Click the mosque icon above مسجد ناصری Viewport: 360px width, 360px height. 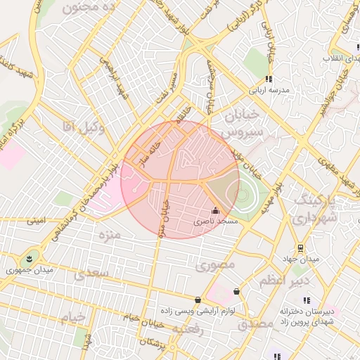pos(214,210)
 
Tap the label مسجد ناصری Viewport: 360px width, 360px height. pos(219,221)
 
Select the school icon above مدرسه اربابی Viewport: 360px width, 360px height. pos(268,79)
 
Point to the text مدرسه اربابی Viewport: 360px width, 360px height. pos(268,90)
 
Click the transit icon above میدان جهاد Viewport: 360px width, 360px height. pos(301,248)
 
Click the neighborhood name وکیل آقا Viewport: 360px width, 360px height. pos(83,127)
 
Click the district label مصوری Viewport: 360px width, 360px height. pos(212,266)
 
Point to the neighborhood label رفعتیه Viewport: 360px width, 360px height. pos(191,328)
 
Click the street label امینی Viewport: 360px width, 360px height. pos(35,220)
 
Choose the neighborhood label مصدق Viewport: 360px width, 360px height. pos(254,324)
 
